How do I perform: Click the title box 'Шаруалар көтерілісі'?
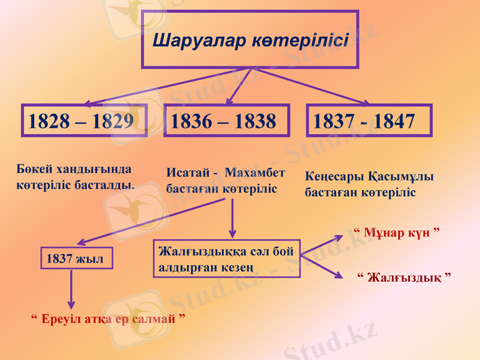click(250, 39)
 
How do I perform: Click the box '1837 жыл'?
click(77, 259)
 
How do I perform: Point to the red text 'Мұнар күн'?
click(393, 232)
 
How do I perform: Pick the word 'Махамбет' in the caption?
click(254, 173)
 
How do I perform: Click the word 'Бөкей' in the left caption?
click(34, 169)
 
